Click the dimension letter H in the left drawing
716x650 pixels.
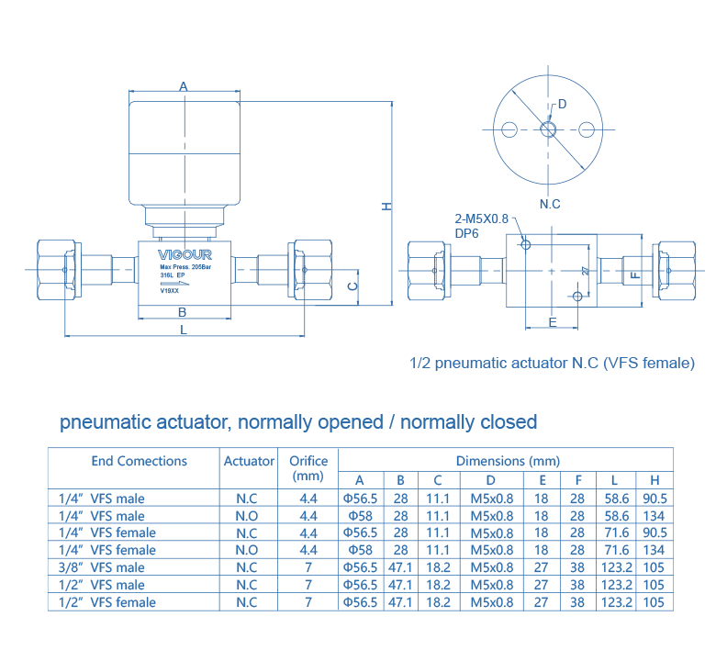pyautogui.click(x=387, y=206)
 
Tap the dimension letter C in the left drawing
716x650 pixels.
pyautogui.click(x=352, y=286)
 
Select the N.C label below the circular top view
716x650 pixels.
pyautogui.click(x=549, y=203)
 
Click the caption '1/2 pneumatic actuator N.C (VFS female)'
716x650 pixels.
pyautogui.click(x=553, y=364)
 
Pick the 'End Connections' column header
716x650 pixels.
pyautogui.click(x=139, y=461)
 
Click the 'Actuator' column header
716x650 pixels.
pyautogui.click(x=249, y=461)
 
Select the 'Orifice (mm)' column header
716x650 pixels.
pyautogui.click(x=308, y=468)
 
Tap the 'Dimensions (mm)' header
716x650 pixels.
pyautogui.click(x=507, y=461)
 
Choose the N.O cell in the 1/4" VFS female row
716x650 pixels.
pyautogui.click(x=246, y=550)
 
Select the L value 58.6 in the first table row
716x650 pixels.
pyautogui.click(x=614, y=499)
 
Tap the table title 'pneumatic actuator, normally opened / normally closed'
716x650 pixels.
pyautogui.click(x=298, y=422)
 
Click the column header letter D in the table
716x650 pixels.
pyautogui.click(x=491, y=480)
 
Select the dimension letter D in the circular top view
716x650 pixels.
pyautogui.click(x=563, y=103)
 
